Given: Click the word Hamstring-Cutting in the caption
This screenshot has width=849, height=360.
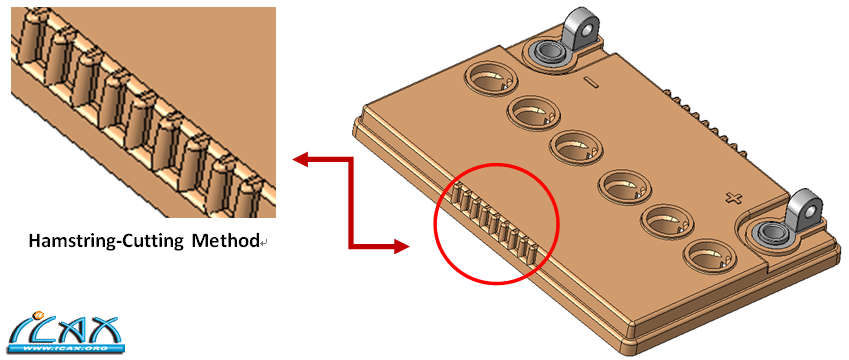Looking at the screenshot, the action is pyautogui.click(x=106, y=241).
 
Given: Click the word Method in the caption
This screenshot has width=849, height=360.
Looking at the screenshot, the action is pyautogui.click(x=226, y=240).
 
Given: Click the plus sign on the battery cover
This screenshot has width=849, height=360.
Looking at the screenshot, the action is pyautogui.click(x=733, y=198).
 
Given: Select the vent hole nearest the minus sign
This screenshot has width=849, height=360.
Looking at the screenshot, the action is pyautogui.click(x=490, y=79).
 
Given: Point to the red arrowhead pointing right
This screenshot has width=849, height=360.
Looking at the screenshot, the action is pyautogui.click(x=400, y=247).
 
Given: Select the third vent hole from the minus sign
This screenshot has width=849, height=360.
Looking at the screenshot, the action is pyautogui.click(x=576, y=148).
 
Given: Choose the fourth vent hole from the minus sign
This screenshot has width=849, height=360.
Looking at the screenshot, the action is pyautogui.click(x=625, y=187).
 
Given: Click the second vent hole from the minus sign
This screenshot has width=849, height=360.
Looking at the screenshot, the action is pyautogui.click(x=534, y=113).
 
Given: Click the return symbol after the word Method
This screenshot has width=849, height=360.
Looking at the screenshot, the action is pyautogui.click(x=263, y=244).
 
